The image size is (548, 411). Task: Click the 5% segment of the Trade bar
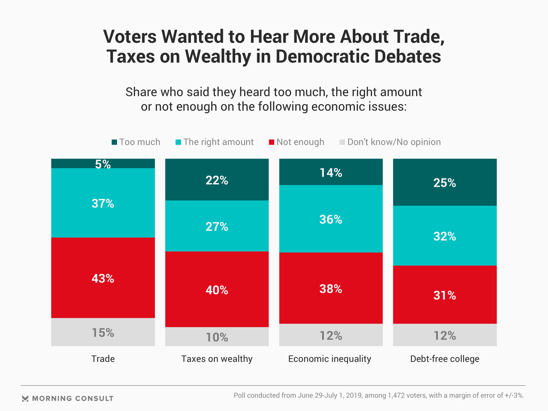[x=103, y=164]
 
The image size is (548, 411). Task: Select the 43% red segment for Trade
[x=103, y=278]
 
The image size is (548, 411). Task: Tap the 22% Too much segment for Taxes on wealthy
[x=217, y=180]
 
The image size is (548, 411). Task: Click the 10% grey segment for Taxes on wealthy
[x=217, y=337]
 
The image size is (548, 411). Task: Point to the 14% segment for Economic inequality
[x=331, y=172]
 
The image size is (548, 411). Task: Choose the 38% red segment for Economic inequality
[x=331, y=288]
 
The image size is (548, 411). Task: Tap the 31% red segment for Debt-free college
[x=445, y=295]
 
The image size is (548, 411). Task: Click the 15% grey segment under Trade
[x=103, y=332]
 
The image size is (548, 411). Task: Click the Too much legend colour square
[x=114, y=142]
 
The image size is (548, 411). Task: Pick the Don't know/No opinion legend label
[x=394, y=142]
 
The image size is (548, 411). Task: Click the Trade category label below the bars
[x=103, y=359]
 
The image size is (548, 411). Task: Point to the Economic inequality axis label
[x=330, y=359]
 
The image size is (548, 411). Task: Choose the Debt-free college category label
[x=445, y=359]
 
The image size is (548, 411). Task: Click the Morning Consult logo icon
[x=25, y=398]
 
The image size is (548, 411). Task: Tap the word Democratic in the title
[x=323, y=56]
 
